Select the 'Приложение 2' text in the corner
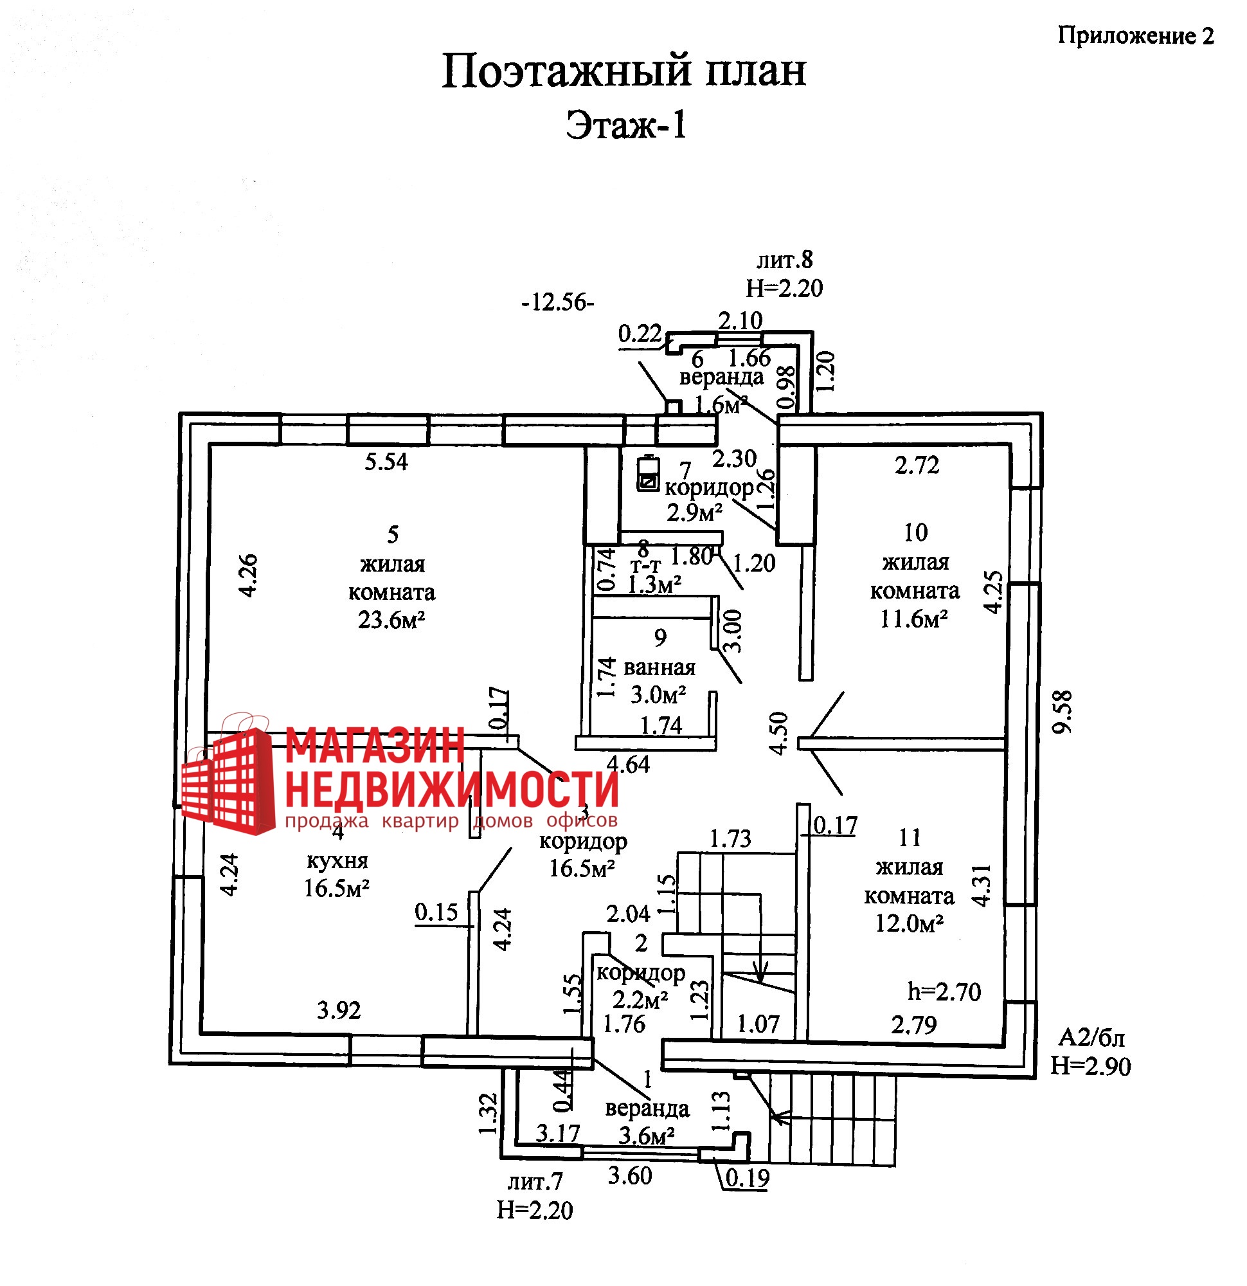tap(1136, 36)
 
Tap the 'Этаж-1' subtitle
tap(626, 125)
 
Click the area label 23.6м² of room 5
tap(391, 620)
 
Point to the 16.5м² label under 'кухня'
tap(336, 889)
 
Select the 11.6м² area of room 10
tap(914, 619)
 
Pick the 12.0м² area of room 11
tap(909, 924)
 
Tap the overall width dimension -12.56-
tap(557, 302)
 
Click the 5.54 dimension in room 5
tap(386, 462)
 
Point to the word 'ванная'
tap(659, 668)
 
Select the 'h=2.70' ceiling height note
tap(944, 992)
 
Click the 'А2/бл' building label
tap(1091, 1038)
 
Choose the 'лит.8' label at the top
tap(785, 260)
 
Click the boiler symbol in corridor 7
tap(648, 474)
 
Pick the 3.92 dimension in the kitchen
tap(339, 1010)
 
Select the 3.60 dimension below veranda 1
tap(630, 1176)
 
